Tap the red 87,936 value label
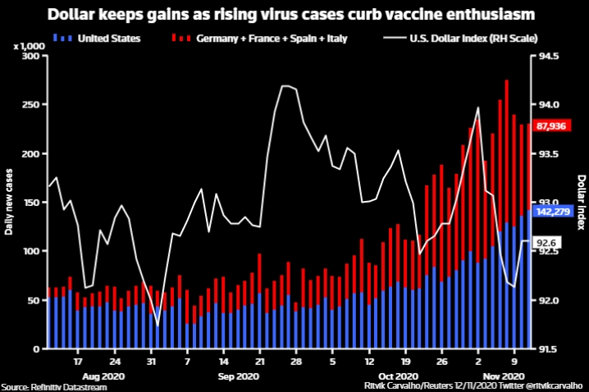tap(554, 125)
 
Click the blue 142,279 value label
tap(554, 212)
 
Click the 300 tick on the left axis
tap(31, 56)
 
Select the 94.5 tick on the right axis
tap(547, 56)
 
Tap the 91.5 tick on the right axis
tap(547, 349)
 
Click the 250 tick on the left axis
tap(31, 105)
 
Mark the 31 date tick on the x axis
tap(151, 360)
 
